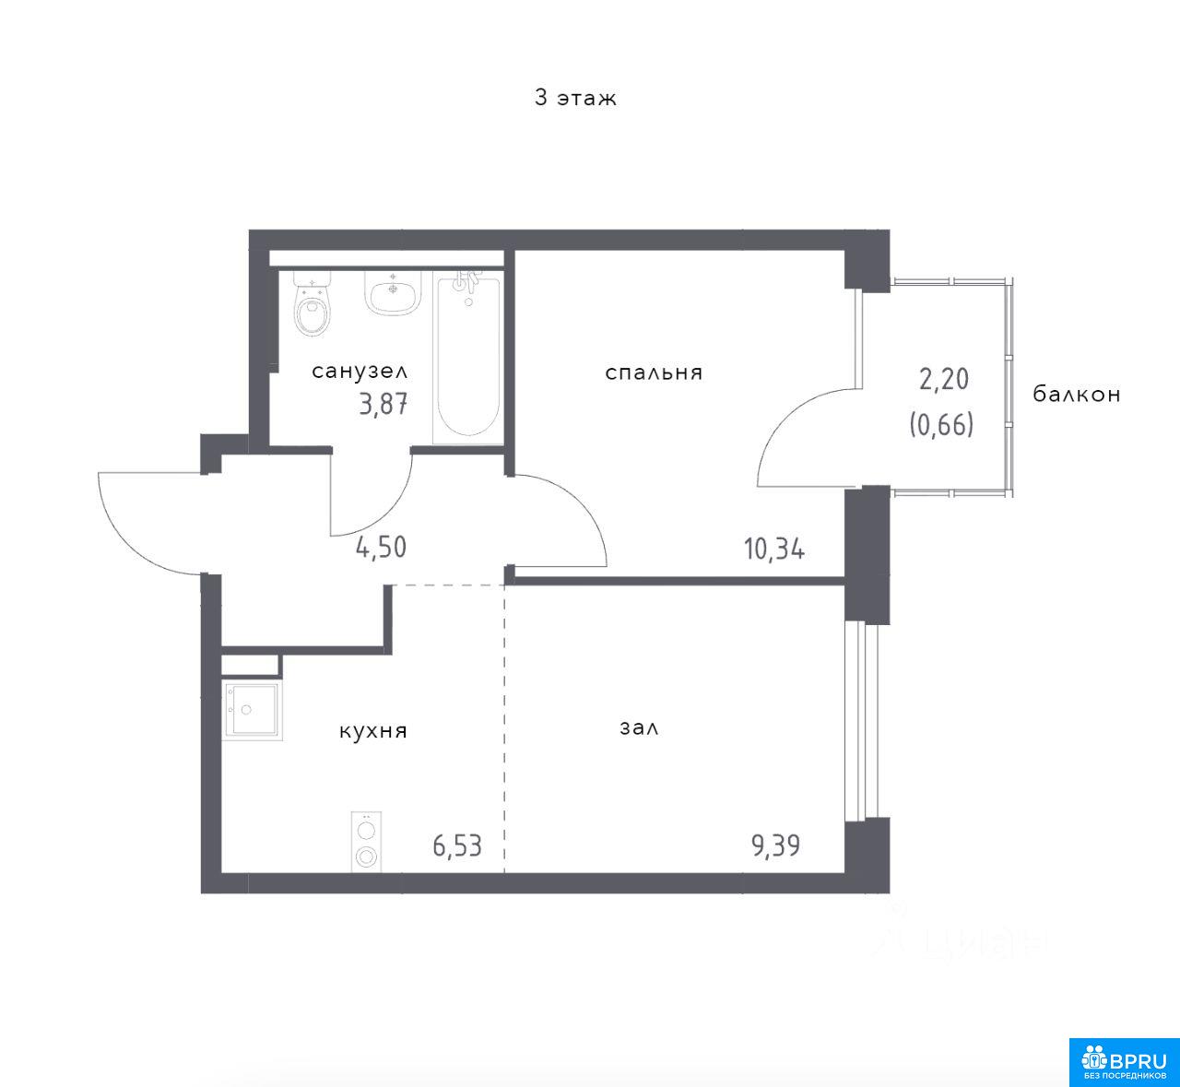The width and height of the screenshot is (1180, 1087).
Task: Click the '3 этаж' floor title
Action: point(575,98)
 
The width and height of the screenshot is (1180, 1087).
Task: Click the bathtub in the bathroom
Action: point(468,357)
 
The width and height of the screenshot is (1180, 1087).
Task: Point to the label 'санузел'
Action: point(360,372)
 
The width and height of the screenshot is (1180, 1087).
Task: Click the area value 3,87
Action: point(383,405)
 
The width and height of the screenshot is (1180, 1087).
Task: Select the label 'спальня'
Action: point(654,373)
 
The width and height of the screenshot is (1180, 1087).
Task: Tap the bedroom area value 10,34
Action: point(774,549)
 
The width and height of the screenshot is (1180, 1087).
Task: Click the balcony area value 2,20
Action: point(943,379)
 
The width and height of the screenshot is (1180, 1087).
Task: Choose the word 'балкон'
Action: point(1077,395)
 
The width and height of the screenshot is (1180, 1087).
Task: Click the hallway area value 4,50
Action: point(381,548)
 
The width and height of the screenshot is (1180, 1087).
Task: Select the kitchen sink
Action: point(252,710)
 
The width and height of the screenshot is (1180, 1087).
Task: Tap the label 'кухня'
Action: point(373,731)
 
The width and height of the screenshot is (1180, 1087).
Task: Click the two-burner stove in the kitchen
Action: point(366,842)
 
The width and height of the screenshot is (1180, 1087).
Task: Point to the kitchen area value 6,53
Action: point(457,846)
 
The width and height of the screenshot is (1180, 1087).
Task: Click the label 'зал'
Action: point(639,728)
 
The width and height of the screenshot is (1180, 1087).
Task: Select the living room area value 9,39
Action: point(775,846)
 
